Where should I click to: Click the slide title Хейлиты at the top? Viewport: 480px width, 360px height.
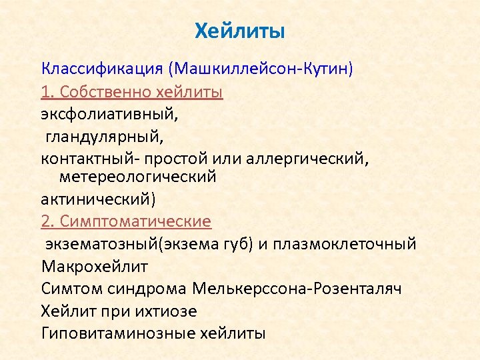click(239, 31)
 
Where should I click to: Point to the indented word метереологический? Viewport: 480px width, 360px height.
click(138, 177)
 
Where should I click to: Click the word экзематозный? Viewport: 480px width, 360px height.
click(106, 243)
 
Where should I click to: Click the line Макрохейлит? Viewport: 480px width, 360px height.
click(95, 266)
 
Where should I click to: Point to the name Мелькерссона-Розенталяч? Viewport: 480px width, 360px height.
click(297, 288)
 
